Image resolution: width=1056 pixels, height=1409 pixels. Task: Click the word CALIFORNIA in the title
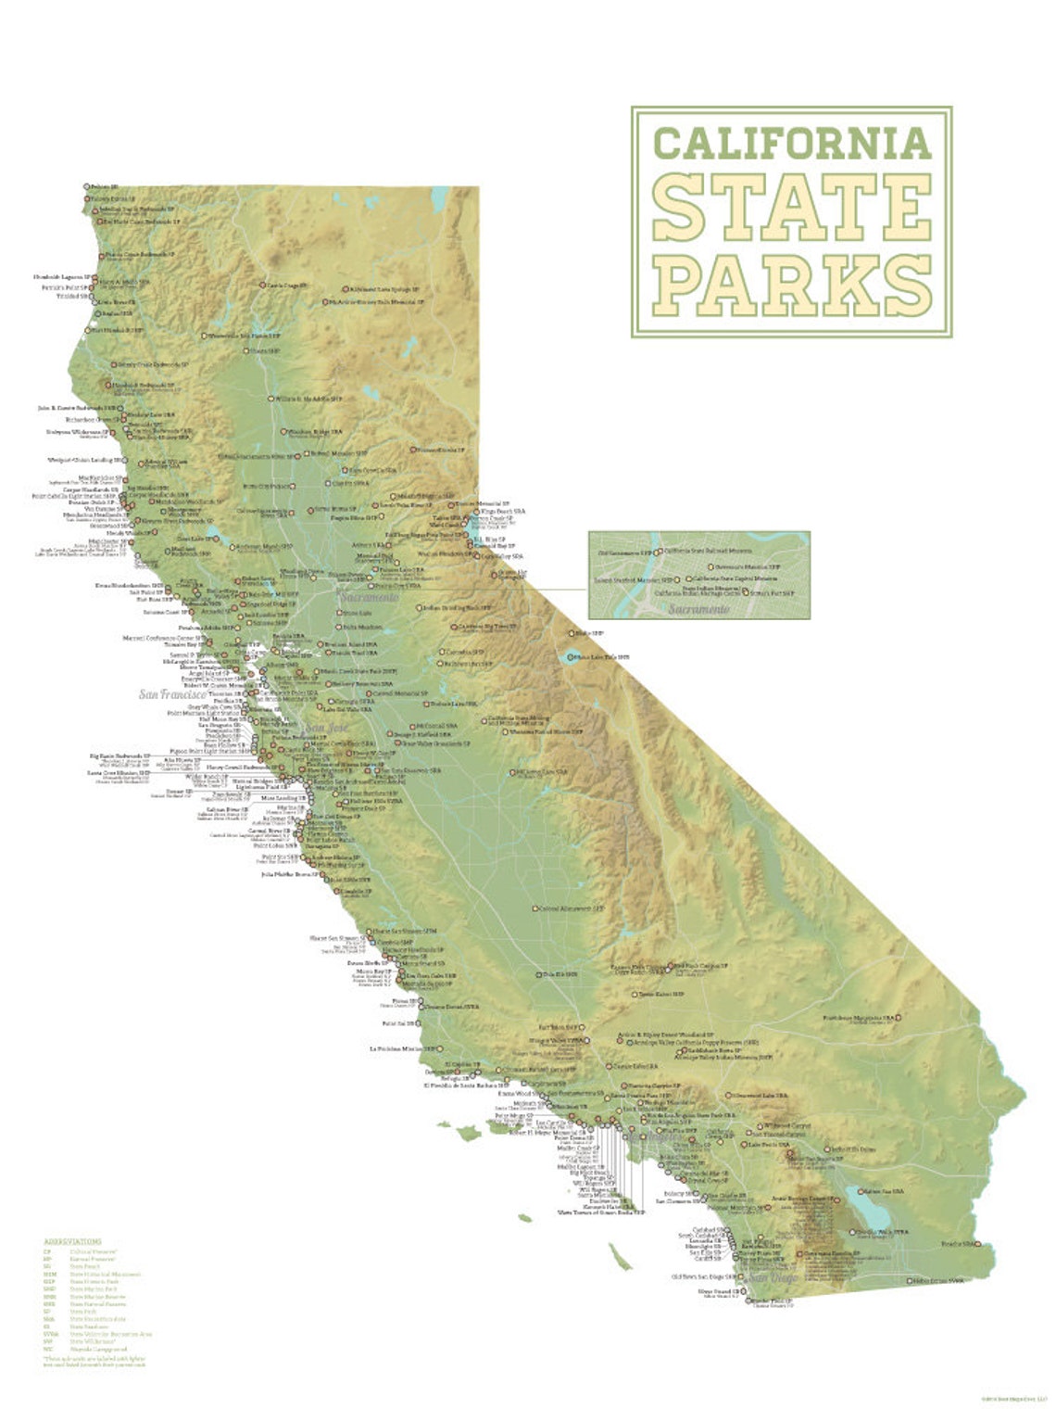tap(792, 142)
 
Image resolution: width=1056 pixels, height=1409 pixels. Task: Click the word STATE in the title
tap(792, 205)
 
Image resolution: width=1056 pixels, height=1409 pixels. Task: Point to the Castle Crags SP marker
tap(262, 285)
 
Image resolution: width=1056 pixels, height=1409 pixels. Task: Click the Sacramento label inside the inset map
tap(699, 609)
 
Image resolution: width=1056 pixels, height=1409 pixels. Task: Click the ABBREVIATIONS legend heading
tap(72, 1241)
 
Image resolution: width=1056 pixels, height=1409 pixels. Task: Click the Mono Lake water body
tap(565, 657)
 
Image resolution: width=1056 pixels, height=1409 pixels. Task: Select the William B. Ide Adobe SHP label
tap(308, 399)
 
